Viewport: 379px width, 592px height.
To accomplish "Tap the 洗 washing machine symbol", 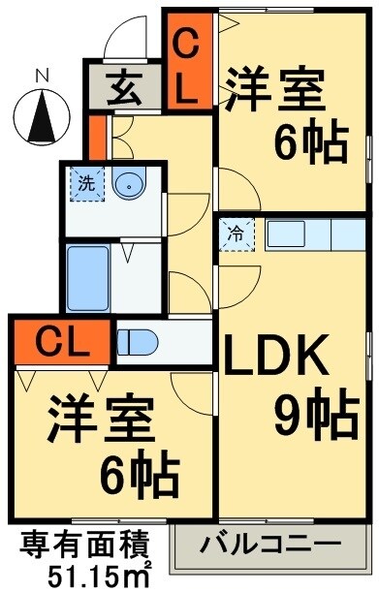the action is pos(87,180).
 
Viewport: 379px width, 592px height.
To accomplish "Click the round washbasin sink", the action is pos(128,182).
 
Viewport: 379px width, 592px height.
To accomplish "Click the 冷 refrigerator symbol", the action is pos(236,234).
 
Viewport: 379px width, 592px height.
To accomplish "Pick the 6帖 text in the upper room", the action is pos(310,145).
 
